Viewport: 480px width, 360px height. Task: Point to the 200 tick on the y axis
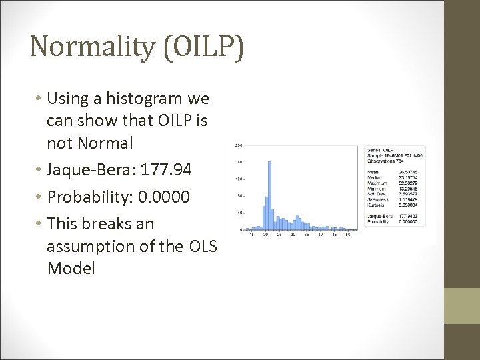coord(238,145)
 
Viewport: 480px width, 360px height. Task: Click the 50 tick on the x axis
coord(348,235)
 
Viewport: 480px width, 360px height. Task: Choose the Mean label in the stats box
coord(373,171)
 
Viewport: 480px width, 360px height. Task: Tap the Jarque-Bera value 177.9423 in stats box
coord(408,215)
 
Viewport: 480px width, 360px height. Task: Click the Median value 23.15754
coord(408,177)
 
